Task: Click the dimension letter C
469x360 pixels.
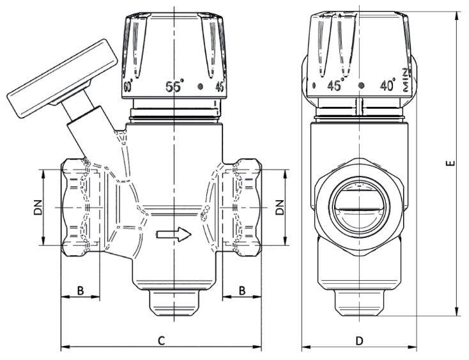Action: pyautogui.click(x=162, y=341)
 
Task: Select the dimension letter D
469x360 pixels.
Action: pyautogui.click(x=359, y=341)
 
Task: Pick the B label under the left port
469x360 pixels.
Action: pyautogui.click(x=81, y=290)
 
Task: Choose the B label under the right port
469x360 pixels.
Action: pyautogui.click(x=242, y=290)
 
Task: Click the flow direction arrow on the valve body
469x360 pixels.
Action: pyautogui.click(x=174, y=234)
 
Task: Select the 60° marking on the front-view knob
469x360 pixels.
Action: pyautogui.click(x=128, y=86)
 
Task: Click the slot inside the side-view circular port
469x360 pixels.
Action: pyautogui.click(x=359, y=208)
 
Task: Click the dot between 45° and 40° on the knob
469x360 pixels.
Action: pyautogui.click(x=362, y=85)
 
